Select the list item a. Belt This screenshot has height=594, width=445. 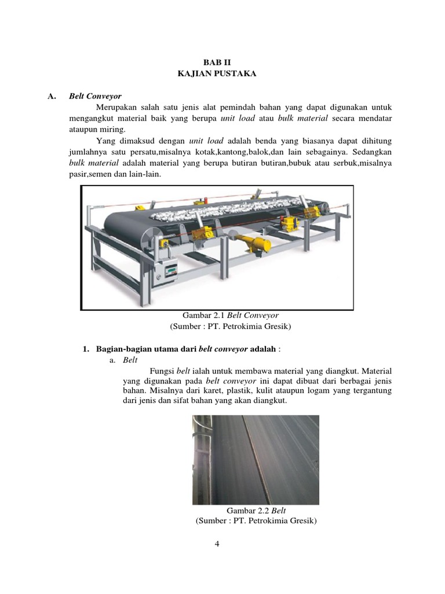[x=124, y=360]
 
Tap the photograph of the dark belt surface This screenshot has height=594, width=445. [x=256, y=459]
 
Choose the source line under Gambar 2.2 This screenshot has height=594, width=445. [x=256, y=521]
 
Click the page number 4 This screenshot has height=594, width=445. [x=217, y=544]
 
